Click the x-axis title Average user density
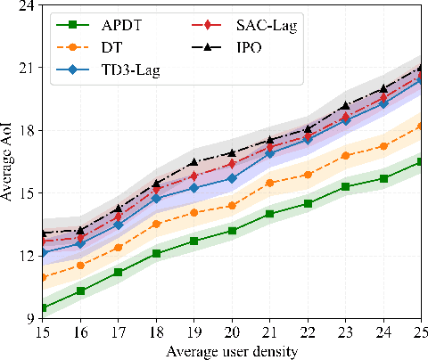[232, 351]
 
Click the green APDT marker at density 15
[43, 307]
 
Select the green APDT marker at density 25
[421, 161]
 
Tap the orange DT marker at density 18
[156, 224]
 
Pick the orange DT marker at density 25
[421, 126]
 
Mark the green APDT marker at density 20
[232, 231]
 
